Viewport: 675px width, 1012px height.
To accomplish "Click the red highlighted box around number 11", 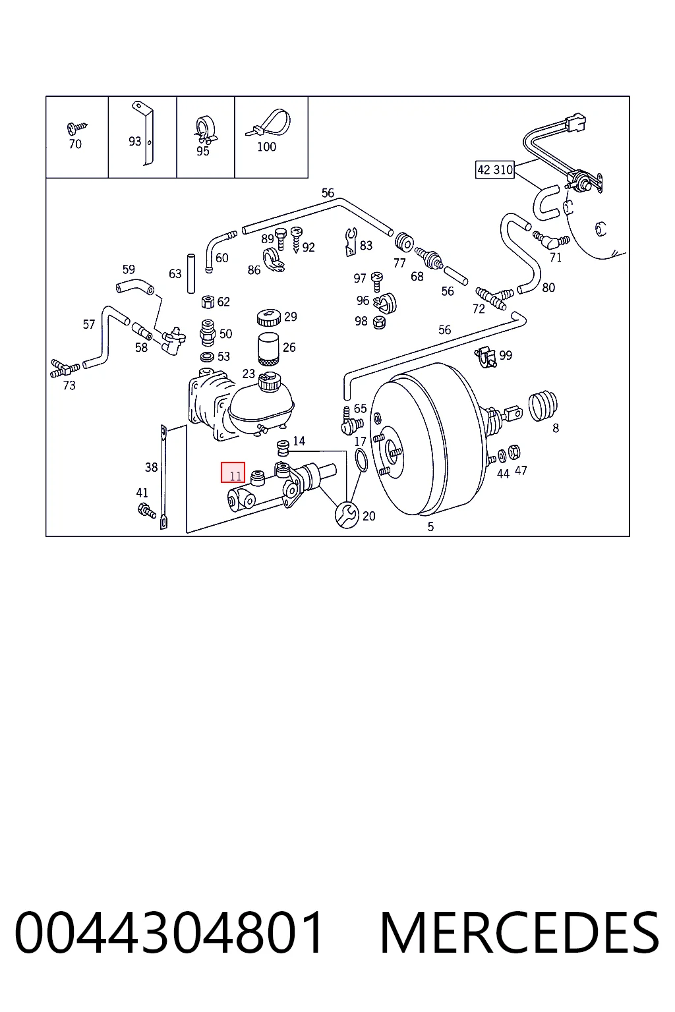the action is click(233, 472).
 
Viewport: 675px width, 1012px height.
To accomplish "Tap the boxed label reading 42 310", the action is click(494, 169).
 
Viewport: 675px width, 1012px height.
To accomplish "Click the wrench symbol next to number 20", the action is click(347, 515).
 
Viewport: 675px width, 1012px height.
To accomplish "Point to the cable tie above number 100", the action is click(268, 123).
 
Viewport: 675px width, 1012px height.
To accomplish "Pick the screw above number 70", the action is click(76, 128).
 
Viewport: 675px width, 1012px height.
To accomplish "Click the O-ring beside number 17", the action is click(361, 460).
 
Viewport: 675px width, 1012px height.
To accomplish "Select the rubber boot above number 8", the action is click(543, 406).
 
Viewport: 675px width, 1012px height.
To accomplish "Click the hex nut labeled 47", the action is click(514, 452).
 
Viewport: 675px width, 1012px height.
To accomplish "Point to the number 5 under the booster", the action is click(430, 526).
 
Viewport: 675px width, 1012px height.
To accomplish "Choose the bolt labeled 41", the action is click(146, 511).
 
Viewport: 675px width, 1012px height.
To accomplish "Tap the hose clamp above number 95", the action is click(205, 129).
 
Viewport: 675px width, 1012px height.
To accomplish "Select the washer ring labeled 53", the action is click(207, 357).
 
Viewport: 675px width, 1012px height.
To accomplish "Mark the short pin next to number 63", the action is click(191, 274).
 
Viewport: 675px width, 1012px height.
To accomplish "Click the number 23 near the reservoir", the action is click(249, 374).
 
